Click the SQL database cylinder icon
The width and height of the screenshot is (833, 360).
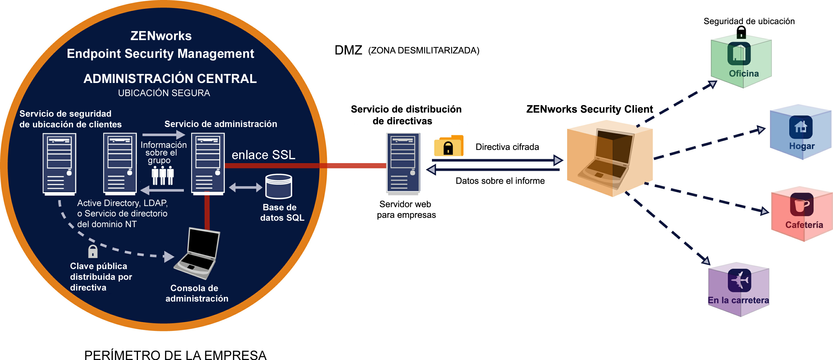[278, 186]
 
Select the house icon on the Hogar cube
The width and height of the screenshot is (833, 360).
[801, 127]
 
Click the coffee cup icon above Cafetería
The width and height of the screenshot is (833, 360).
[801, 204]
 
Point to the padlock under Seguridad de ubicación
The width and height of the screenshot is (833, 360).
[741, 32]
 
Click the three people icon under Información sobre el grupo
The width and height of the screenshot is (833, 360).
[163, 176]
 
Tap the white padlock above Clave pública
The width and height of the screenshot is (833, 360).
[93, 251]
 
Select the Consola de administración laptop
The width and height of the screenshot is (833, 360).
[197, 253]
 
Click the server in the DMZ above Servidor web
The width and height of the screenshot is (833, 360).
[403, 164]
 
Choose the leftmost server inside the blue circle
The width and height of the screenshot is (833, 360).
[59, 164]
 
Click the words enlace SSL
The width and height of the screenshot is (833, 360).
[264, 155]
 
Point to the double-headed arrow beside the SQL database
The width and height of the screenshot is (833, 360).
[246, 187]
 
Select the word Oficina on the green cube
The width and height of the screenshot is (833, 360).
[744, 73]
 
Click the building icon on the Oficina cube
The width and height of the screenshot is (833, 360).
[739, 53]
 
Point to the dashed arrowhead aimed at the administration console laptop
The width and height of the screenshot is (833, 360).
[169, 257]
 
